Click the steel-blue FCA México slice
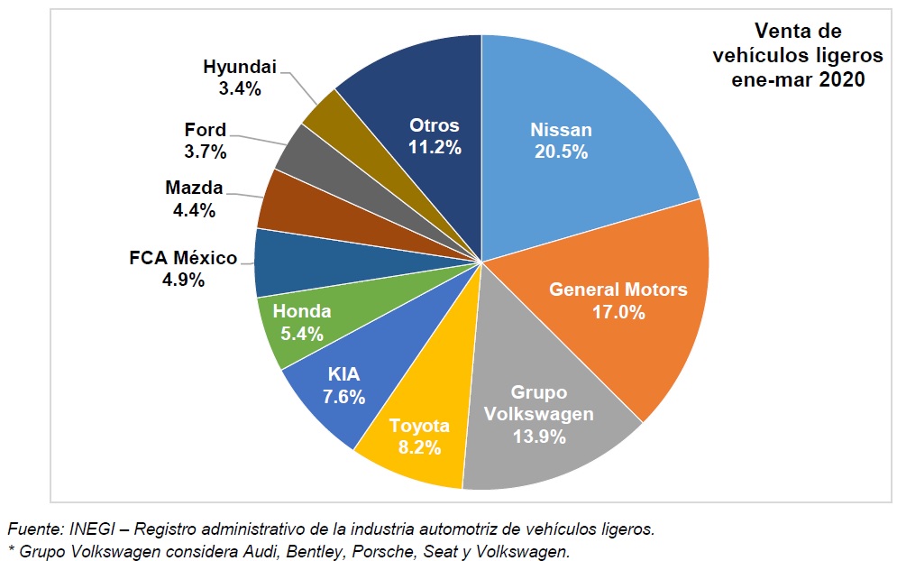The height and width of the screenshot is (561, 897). pos(270,262)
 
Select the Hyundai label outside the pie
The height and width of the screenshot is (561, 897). pos(239,67)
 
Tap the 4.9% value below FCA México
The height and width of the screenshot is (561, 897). pos(184,280)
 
